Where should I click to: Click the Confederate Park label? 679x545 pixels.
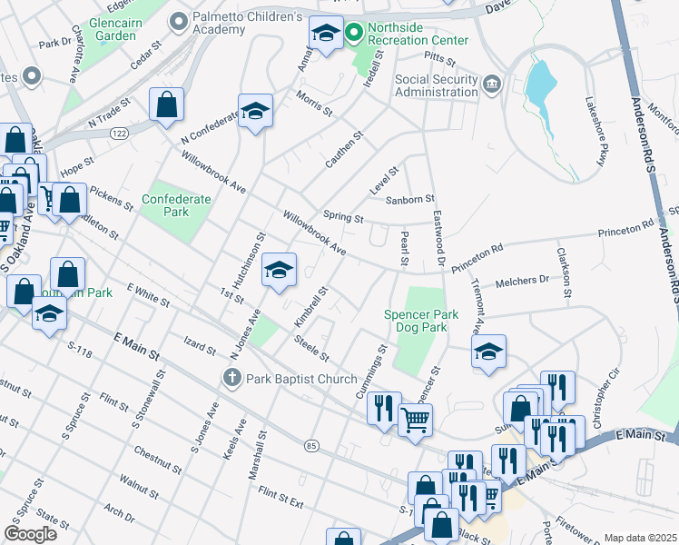(x=176, y=205)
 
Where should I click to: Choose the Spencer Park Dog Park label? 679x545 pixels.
(x=420, y=321)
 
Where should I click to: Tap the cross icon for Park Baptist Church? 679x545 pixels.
(x=232, y=378)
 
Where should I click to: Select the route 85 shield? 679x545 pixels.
(x=312, y=445)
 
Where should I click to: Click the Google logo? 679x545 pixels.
(x=30, y=533)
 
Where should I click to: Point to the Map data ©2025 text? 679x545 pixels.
(x=639, y=538)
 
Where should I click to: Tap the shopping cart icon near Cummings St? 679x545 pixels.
(x=416, y=419)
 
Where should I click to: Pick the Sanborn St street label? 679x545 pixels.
(x=410, y=199)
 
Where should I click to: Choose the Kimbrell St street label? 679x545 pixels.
(x=310, y=309)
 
